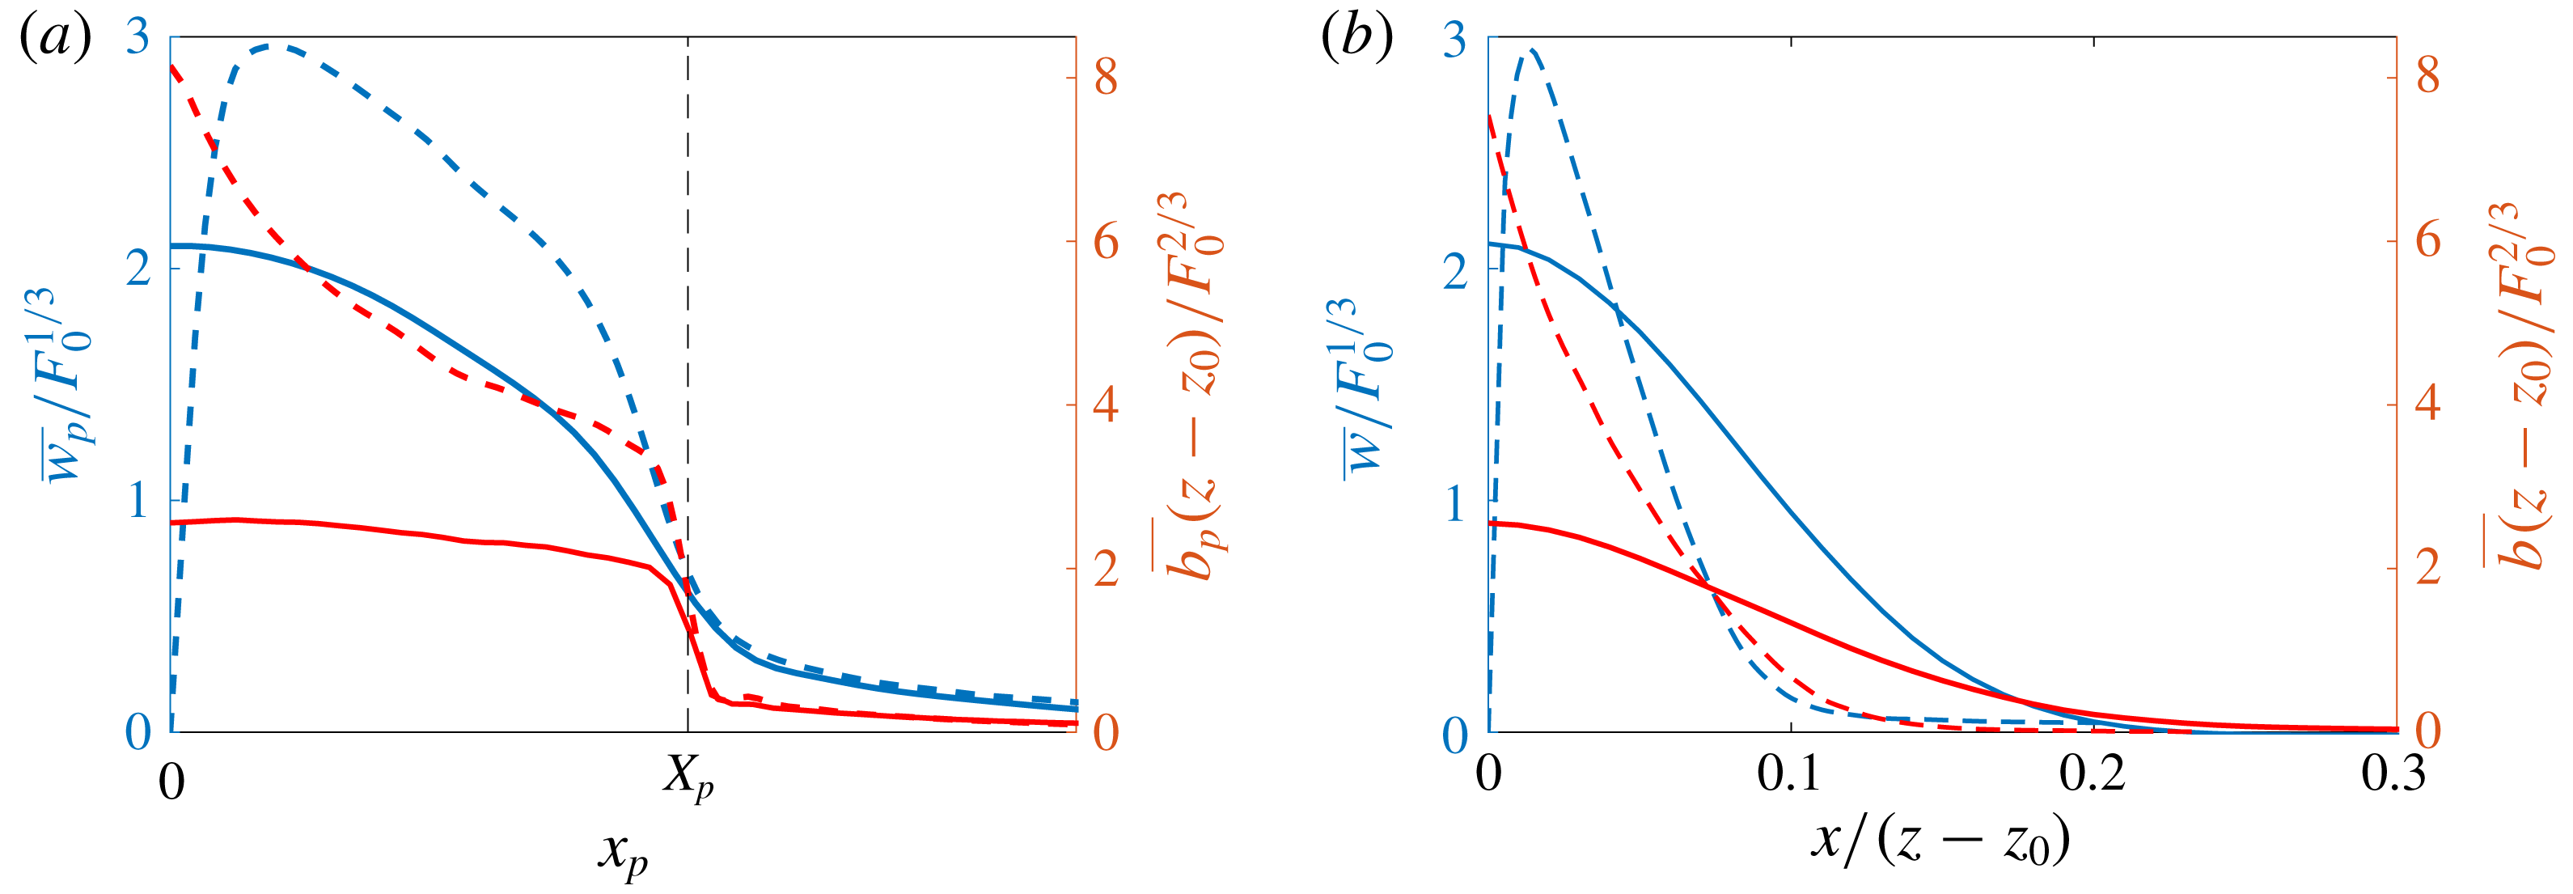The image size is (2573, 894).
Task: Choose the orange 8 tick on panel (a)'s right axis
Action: [1106, 77]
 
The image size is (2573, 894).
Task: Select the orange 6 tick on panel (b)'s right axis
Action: [2427, 241]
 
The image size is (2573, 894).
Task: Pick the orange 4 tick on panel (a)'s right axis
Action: [1106, 405]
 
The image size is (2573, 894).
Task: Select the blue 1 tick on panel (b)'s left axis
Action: [1456, 503]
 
